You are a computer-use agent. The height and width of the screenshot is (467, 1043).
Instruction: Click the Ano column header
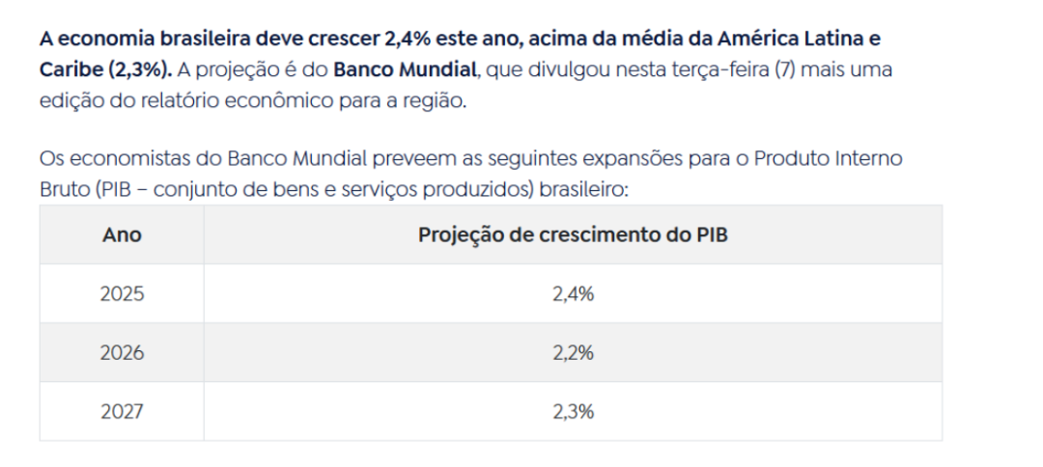pyautogui.click(x=122, y=235)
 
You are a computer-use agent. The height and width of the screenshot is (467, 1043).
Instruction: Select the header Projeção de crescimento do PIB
pyautogui.click(x=573, y=235)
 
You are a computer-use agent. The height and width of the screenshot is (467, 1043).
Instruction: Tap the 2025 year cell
pyautogui.click(x=122, y=294)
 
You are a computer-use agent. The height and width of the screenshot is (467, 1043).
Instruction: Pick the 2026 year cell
pyautogui.click(x=122, y=353)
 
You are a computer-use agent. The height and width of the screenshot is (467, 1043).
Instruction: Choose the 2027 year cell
pyautogui.click(x=122, y=412)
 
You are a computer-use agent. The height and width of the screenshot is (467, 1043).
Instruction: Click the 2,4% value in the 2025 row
pyautogui.click(x=573, y=294)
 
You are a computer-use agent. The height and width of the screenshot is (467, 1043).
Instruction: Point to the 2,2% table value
pyautogui.click(x=573, y=353)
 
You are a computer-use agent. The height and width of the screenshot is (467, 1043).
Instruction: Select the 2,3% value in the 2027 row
pyautogui.click(x=573, y=412)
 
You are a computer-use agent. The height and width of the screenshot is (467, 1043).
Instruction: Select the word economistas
pyautogui.click(x=118, y=158)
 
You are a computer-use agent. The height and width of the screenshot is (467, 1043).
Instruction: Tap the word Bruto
pyautogui.click(x=65, y=188)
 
